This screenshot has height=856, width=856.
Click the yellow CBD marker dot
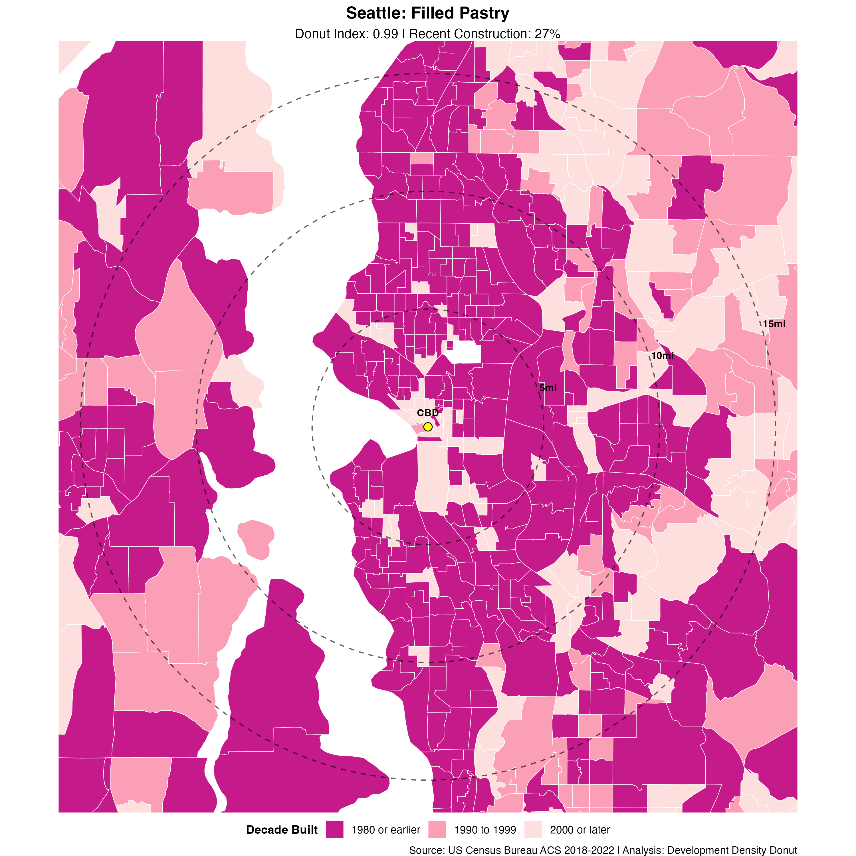click(427, 427)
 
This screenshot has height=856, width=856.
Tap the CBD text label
click(427, 413)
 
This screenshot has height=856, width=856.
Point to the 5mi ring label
click(548, 388)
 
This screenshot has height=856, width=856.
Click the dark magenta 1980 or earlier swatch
click(334, 829)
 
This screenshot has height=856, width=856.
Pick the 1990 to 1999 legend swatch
click(437, 829)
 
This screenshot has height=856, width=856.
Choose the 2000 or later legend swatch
click(533, 829)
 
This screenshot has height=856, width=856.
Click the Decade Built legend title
click(282, 830)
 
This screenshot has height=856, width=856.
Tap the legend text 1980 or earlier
click(385, 830)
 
